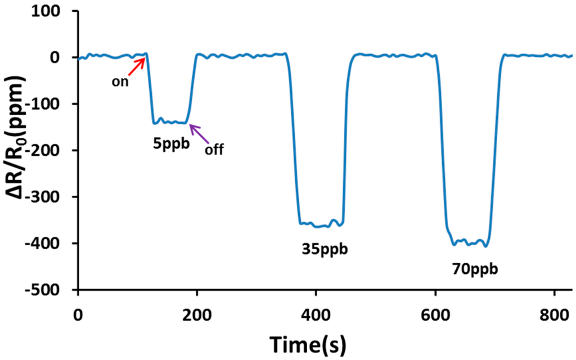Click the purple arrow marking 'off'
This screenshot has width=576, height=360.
point(199,134)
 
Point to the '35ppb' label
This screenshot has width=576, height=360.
point(322,248)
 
